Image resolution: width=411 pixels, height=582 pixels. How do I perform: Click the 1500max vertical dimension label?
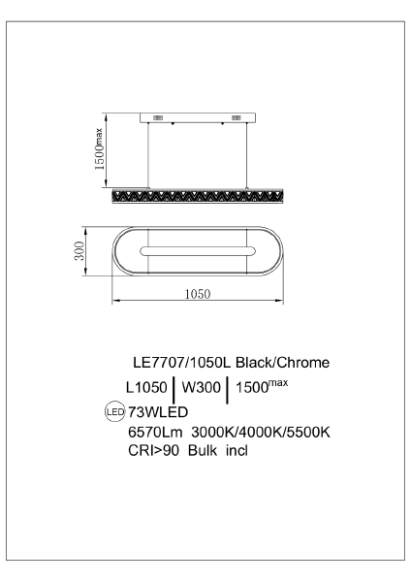(98, 151)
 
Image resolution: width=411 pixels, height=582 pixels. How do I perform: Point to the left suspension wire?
(150, 153)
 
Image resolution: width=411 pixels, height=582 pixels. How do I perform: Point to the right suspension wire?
(248, 153)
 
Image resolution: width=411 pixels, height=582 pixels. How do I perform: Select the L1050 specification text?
(148, 387)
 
